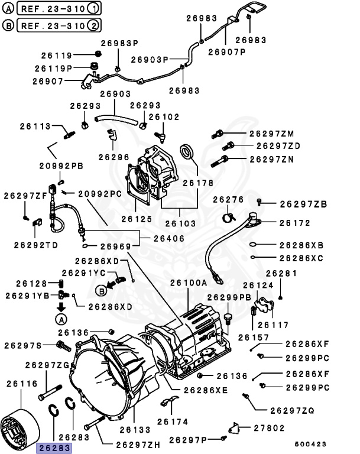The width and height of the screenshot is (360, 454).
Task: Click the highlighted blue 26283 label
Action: tap(54, 448)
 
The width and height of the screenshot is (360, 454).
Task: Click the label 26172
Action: tap(294, 223)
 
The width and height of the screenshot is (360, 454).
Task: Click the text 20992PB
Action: tap(61, 166)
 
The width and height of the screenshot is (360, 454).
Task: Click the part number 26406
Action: tap(168, 238)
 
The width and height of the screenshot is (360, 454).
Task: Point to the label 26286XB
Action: tap(301, 245)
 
